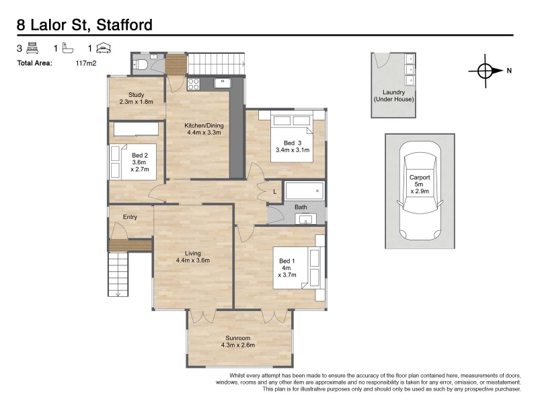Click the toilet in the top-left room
pos(141,64)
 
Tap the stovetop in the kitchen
pos(194,84)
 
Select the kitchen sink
pos(223,83)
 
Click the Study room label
pos(137,95)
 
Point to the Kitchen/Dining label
pos(204,125)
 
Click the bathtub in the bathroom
pos(305,191)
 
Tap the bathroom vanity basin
pos(306,219)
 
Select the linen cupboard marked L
pos(275,192)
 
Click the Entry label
pos(130,217)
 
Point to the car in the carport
pos(420,191)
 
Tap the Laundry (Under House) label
pos(394,96)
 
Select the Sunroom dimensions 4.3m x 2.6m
pos(238,345)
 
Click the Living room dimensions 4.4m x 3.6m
pos(193,261)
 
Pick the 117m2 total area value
pos(86,63)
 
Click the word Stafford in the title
pos(124,25)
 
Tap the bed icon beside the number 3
pos(32,48)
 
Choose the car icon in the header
pos(104,48)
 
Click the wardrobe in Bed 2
pos(137,129)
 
